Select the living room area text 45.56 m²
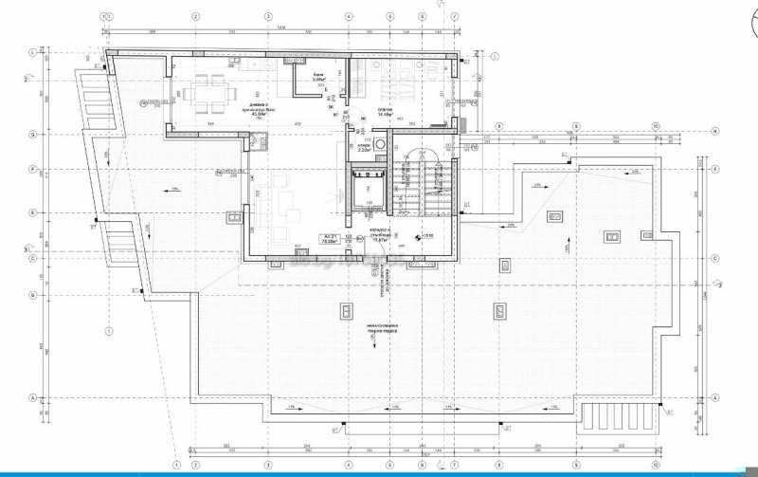(x=226, y=111)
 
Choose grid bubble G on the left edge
(x=32, y=135)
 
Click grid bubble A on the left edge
(x=32, y=397)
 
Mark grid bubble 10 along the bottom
(x=655, y=465)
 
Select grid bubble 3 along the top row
(x=269, y=16)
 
